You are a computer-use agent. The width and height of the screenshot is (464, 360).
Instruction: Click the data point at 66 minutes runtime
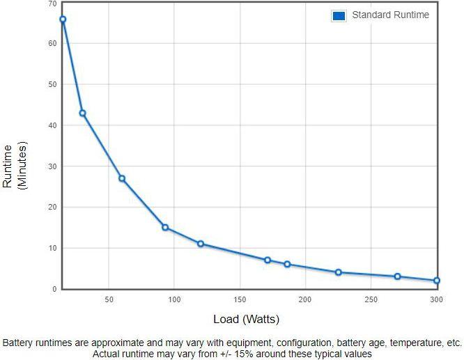pos(63,19)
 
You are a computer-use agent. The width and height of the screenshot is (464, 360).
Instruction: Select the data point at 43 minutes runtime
pos(82,113)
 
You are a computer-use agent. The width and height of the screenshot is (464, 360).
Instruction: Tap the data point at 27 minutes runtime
pos(122,178)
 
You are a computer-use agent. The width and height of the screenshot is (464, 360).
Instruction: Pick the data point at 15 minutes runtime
pos(165,227)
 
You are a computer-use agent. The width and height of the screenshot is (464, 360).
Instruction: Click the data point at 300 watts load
pos(437,281)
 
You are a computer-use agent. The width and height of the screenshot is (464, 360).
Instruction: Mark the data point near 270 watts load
pos(397,276)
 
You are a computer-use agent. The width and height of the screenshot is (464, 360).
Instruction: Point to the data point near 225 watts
pos(339,272)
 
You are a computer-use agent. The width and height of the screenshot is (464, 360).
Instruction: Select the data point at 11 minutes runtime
pos(201,244)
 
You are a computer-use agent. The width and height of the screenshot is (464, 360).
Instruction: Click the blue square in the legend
pos(339,15)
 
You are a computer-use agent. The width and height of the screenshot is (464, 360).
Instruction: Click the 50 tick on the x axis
pos(109,299)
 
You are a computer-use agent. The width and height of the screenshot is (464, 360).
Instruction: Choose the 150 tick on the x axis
pos(240,299)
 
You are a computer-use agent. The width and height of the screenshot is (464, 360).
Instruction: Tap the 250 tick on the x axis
pos(371,299)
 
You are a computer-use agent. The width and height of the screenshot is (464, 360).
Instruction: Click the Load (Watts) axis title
pos(246,320)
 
